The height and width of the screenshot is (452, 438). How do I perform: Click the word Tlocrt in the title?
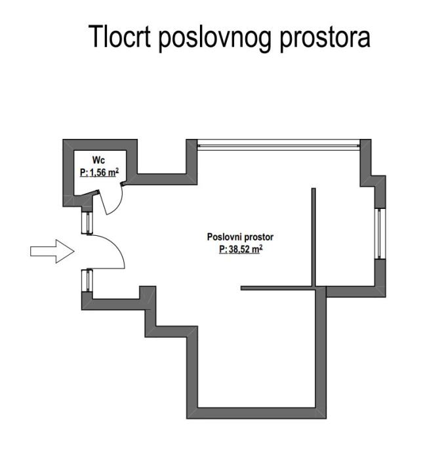[x=122, y=37]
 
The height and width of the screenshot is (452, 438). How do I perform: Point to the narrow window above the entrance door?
[x=85, y=222]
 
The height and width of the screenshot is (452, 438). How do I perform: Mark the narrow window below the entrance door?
[x=85, y=280]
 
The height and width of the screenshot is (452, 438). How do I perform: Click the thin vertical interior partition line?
[x=314, y=236]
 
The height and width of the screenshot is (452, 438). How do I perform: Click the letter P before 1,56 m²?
[x=83, y=173]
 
